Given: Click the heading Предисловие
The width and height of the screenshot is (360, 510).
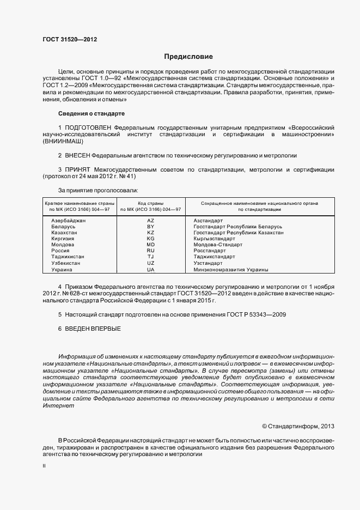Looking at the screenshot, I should (x=188, y=57).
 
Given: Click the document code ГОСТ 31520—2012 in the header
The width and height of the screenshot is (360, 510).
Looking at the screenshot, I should (x=70, y=39).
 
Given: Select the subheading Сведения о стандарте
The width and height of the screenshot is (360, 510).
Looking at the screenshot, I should (x=91, y=113).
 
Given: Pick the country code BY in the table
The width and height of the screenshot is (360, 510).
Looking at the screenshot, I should (x=151, y=226).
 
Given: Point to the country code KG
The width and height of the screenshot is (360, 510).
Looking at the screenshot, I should (x=151, y=239).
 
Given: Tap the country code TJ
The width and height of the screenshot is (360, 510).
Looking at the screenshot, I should (x=151, y=257).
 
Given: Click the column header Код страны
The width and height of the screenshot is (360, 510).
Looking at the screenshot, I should (x=151, y=203).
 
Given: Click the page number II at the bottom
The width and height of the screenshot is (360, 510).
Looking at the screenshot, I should (x=44, y=467).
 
